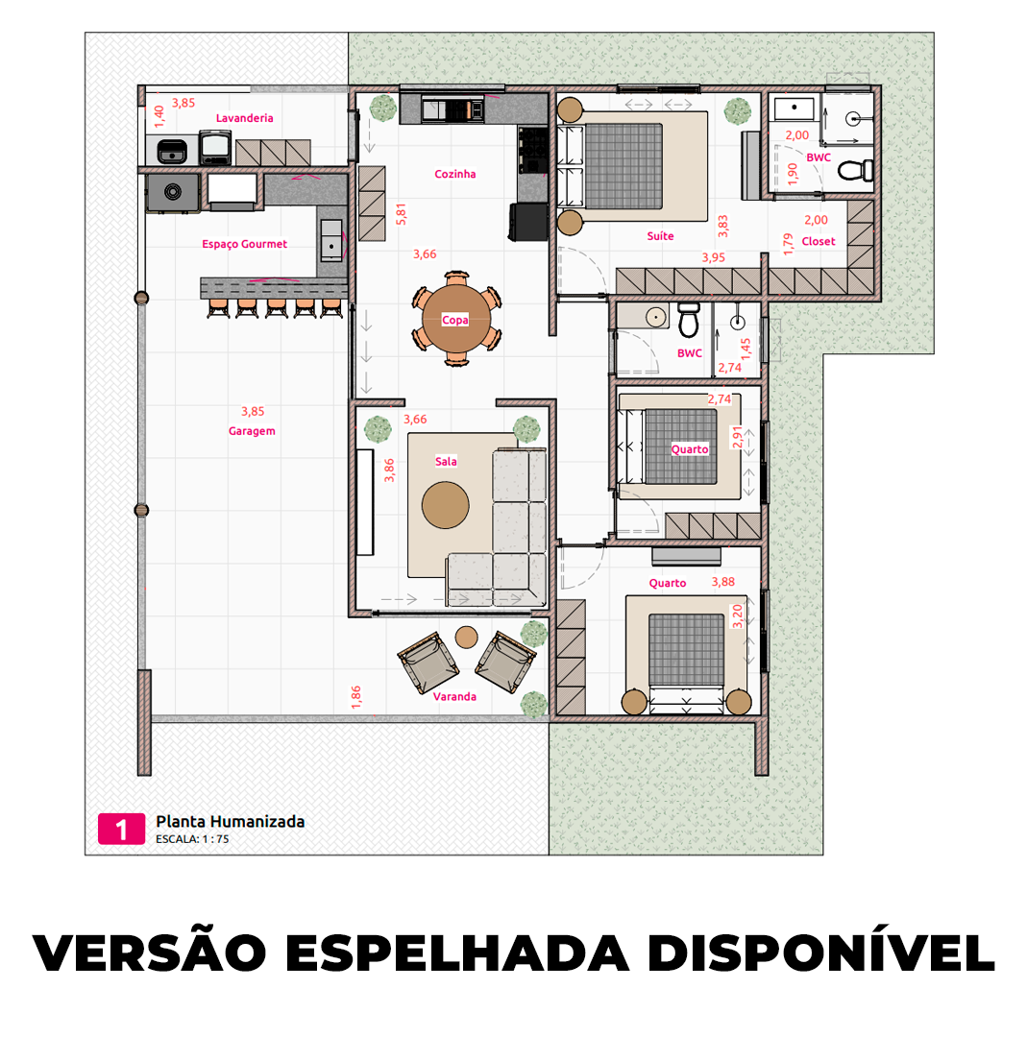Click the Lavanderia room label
[x=244, y=118]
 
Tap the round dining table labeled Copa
[x=455, y=319]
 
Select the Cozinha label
[x=454, y=174]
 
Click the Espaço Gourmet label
[x=244, y=244]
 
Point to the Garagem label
[x=252, y=431]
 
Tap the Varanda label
[x=454, y=696]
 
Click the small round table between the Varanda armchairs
[x=467, y=636]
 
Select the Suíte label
[x=660, y=235]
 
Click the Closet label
[x=819, y=242]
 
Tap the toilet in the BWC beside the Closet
[x=853, y=171]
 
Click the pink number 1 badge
[x=121, y=829]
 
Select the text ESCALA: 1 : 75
[x=192, y=839]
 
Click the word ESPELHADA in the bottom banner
[x=457, y=953]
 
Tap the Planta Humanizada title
[x=230, y=821]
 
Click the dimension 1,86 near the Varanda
[x=356, y=697]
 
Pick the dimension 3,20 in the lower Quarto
[x=738, y=615]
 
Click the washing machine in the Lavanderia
[x=214, y=147]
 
